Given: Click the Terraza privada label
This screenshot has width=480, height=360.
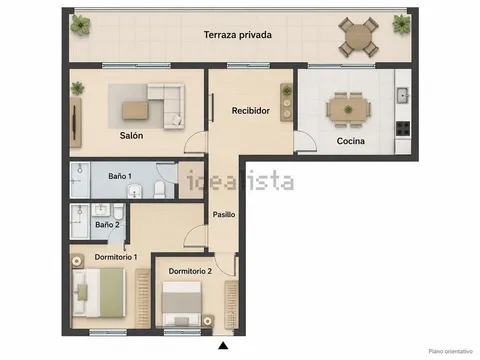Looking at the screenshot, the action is coord(238,35).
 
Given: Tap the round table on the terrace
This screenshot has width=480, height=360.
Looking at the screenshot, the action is coord(358,37).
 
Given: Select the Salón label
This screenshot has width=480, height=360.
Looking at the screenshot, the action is coord(131,135).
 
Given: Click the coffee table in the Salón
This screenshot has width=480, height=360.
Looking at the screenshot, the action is coord(135,111).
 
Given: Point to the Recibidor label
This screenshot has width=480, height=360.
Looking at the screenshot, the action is coord(251,111).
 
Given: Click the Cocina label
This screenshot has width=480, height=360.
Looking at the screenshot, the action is coord(351,141).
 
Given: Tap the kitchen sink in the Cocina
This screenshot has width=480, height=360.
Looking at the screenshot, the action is coord(403,95).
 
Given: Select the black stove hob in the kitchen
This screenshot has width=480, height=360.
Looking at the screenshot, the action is coord(403,129).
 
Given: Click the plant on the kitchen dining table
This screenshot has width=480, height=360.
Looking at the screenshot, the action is coord(348,109).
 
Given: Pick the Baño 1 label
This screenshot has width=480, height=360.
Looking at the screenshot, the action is coord(120,176).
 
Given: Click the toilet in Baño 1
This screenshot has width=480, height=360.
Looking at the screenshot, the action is coord(159,189).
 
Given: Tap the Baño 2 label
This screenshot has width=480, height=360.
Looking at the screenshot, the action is coord(107,225).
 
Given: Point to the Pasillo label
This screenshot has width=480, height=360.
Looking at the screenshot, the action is coord(224,214).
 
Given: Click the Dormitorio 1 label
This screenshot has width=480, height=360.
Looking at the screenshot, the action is coord(116,257).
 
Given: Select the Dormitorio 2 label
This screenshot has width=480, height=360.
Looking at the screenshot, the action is coord(190,271).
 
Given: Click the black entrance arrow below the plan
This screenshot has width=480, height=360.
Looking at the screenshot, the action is coord(223,346).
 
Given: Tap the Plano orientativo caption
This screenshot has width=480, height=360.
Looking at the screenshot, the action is coord(451,351).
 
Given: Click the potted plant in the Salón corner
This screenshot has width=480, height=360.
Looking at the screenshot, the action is coord(77,88).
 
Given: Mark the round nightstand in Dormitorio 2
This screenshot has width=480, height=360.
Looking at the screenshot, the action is coord(207,321).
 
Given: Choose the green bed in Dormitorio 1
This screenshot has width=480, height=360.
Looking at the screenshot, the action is coord(99,293).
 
